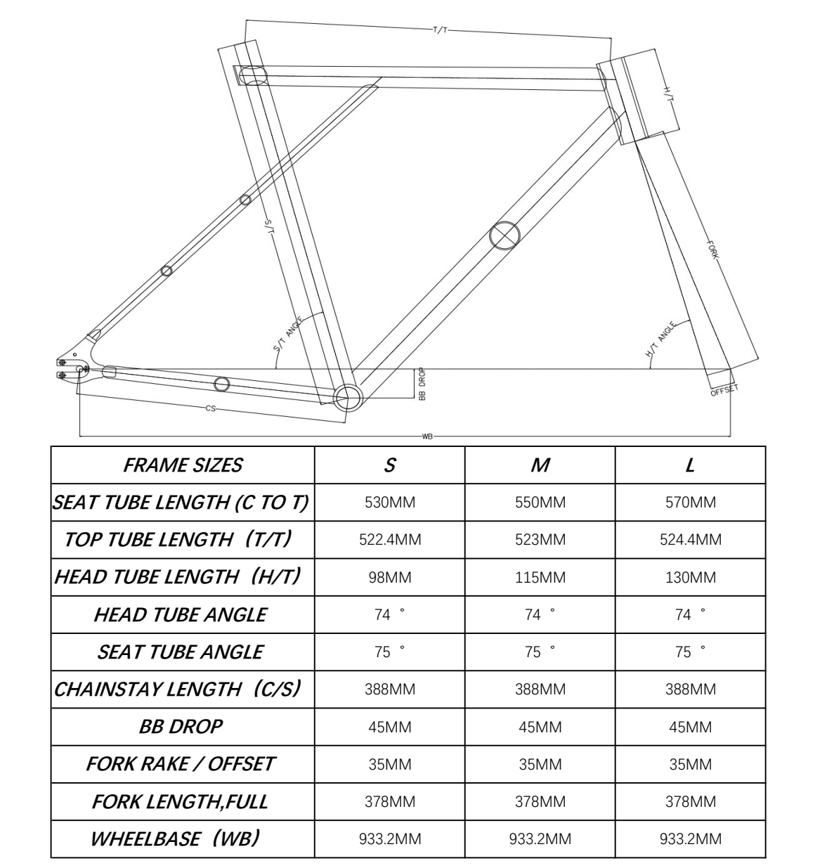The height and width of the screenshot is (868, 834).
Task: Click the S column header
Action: [389, 465]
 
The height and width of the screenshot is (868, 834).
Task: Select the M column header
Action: [540, 465]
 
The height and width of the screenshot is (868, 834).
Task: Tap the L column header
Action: [690, 465]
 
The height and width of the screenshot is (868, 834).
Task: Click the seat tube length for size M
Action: [540, 503]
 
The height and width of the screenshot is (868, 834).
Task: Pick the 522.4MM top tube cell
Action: [389, 540]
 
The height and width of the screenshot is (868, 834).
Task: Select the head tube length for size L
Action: [690, 578]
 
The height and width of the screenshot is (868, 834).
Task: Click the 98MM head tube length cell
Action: [389, 578]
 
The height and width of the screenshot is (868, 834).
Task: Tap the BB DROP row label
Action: [181, 727]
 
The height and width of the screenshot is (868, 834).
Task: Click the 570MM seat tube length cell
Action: [690, 503]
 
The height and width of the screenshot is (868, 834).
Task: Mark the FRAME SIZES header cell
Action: [182, 465]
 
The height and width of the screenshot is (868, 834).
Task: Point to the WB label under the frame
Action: [427, 436]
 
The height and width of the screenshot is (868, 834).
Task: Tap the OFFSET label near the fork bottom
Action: [724, 390]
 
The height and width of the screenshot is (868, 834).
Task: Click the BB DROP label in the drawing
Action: [422, 384]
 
